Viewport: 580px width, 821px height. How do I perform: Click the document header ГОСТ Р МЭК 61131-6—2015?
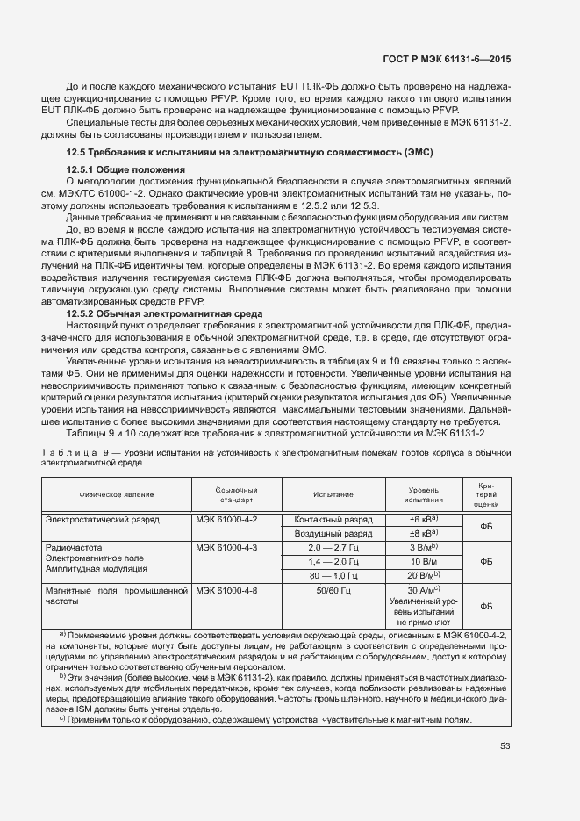[x=448, y=59]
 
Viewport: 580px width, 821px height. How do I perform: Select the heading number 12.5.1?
[x=80, y=169]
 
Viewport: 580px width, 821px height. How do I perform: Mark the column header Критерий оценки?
[x=487, y=494]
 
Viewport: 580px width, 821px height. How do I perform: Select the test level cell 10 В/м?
[x=424, y=561]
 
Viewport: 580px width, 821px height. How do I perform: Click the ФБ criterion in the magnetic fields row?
[x=487, y=606]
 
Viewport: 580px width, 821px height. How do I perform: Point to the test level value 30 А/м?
[x=422, y=590]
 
